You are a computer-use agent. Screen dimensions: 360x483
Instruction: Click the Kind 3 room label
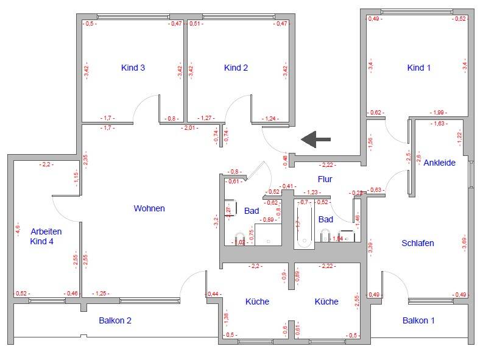133,68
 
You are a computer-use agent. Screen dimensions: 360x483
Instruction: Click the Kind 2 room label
236,68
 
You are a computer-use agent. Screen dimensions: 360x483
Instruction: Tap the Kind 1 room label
418,68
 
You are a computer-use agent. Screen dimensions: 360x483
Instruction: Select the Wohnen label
149,208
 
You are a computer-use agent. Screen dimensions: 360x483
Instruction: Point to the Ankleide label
439,163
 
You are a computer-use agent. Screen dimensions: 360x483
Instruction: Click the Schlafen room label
418,244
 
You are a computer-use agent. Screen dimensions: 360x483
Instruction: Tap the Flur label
325,179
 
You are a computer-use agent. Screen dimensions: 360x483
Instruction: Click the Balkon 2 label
115,320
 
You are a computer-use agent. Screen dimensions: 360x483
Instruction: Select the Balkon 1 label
419,320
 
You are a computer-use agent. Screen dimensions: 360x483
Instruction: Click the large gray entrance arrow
316,139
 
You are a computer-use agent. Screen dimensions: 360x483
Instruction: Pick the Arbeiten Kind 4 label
46,236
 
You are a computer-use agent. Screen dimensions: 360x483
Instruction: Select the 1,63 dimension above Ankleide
438,124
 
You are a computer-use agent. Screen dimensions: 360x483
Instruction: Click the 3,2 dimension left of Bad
216,221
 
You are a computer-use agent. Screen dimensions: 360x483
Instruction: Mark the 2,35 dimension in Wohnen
86,160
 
